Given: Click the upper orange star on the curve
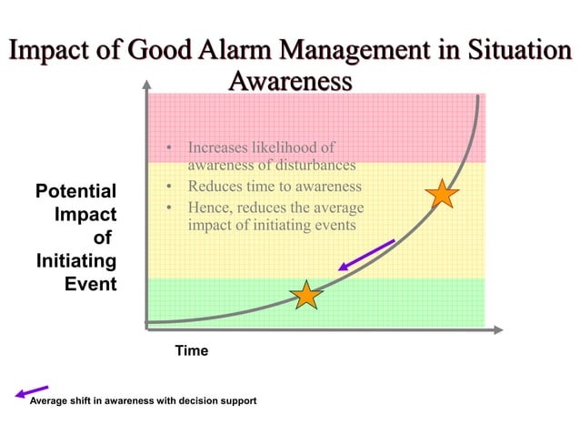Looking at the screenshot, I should [x=441, y=194].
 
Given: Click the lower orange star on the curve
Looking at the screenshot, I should [x=306, y=295].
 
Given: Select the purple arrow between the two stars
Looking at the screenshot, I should [x=366, y=256].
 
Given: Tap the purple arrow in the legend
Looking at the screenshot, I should [x=31, y=392].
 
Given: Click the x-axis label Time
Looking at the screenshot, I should [x=192, y=350].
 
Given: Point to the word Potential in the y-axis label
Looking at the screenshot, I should [x=75, y=192].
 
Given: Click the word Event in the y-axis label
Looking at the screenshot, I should [x=91, y=284].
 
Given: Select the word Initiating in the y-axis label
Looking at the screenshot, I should [x=75, y=261].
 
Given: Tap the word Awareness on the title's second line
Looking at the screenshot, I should [x=289, y=81].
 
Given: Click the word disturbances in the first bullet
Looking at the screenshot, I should [x=311, y=166].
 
